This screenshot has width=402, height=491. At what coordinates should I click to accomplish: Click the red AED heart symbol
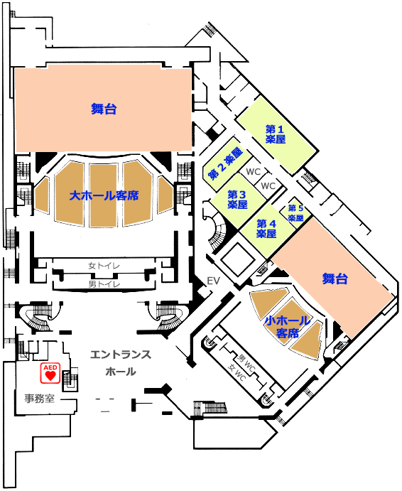pos(50,372)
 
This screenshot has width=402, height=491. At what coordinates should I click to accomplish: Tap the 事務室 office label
pos(40,399)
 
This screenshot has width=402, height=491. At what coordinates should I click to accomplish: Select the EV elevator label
pos(214,281)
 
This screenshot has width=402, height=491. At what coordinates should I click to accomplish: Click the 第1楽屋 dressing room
pos(277,134)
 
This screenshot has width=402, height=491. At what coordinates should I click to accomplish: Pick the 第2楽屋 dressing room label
pos(225,164)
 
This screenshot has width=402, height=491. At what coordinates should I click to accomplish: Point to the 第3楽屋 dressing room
pos(237,200)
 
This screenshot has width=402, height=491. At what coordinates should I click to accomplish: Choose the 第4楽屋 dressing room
pos(267,229)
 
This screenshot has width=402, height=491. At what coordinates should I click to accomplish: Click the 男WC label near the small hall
pos(246,362)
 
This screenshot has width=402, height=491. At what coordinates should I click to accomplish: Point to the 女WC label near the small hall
pos(237,372)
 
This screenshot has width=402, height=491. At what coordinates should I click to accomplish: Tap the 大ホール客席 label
pos(104,196)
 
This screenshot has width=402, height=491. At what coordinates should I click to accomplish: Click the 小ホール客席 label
pos(288,327)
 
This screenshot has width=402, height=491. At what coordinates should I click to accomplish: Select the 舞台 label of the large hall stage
pos(104,109)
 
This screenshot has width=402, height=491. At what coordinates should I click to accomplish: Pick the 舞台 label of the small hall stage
pos(335,279)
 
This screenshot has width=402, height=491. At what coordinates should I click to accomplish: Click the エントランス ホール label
pos(121,363)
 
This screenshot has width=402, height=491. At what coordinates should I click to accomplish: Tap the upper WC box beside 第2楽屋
pos(254,172)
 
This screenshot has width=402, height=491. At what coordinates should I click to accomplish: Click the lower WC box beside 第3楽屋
pos(268,186)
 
